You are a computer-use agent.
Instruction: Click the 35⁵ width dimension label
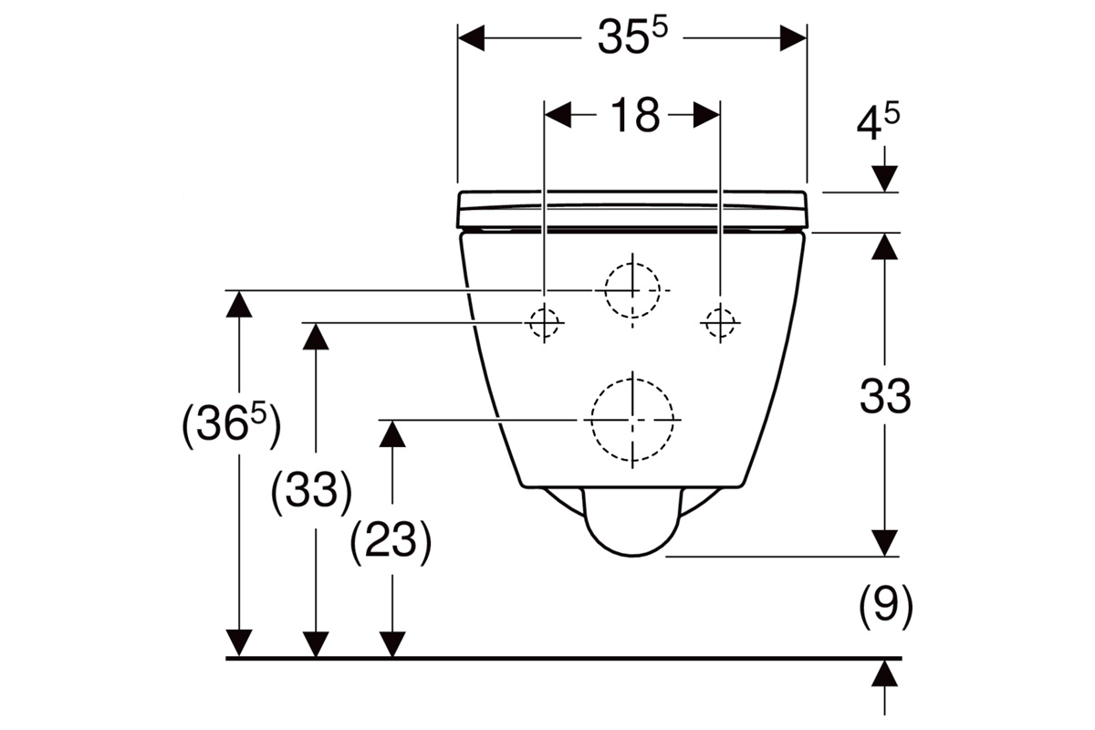point(632,37)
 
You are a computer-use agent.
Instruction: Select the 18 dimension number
point(635,115)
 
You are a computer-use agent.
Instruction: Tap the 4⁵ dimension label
point(879,122)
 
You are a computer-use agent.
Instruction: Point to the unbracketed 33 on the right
point(885,395)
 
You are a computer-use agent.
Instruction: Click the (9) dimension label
point(886,607)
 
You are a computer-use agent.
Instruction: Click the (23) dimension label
point(391,542)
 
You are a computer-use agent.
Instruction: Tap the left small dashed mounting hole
point(544,323)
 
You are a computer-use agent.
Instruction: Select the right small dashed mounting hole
point(720,323)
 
